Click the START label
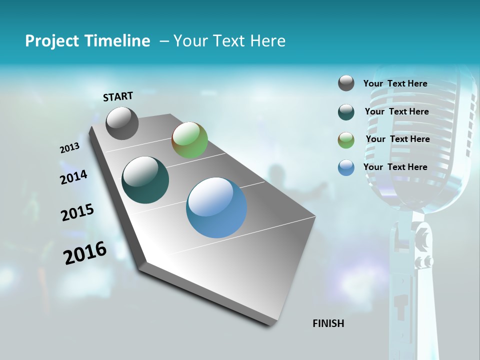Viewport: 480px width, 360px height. point(118,96)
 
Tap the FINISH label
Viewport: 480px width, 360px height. point(328,323)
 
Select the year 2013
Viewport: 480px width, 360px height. point(70,148)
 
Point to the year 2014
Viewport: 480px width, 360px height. point(73,177)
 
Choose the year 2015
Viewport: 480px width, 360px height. point(77,212)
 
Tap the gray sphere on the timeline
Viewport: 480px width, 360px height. point(122,123)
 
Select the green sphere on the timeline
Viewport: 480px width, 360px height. point(189,140)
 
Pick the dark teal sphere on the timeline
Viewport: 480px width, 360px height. point(145,180)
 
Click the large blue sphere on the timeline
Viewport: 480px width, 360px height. point(216,207)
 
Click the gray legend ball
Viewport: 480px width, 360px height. point(346,83)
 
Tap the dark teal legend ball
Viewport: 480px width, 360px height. point(346,112)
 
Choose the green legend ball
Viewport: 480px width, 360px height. point(346,140)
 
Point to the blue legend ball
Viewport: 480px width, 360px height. point(346,167)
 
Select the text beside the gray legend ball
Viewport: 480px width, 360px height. point(395,83)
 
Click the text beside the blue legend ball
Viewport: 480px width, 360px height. point(395,167)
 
